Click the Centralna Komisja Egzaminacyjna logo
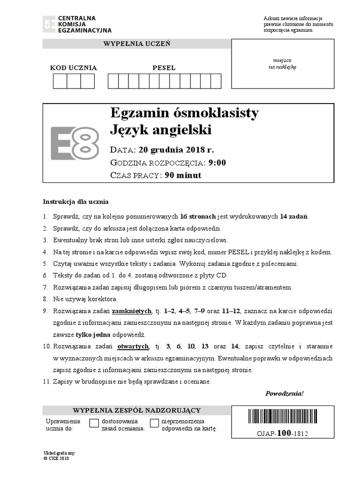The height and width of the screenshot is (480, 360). pos(77,24)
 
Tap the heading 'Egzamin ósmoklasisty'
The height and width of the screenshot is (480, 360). pos(184,113)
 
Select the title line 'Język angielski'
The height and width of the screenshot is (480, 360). pos(161,129)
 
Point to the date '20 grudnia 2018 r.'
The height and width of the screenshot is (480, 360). pos(176,150)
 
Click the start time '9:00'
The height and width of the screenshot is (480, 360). pos(217,163)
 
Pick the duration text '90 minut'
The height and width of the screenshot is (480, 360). pos(183,175)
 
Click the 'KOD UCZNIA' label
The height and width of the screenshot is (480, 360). pos(74,68)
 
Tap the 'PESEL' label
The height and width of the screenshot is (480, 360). pos(164,68)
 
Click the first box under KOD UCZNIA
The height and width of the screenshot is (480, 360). pos(60,81)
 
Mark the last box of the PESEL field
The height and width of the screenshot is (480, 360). pos(216,81)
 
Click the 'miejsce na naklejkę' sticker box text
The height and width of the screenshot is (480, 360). pos(282,63)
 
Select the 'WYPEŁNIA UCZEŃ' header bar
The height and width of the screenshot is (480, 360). pos(136,44)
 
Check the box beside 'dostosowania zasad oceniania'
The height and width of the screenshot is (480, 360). pos(94,424)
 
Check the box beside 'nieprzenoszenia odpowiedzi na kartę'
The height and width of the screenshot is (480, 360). pos(154,424)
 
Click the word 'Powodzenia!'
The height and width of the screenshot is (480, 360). pos(285,393)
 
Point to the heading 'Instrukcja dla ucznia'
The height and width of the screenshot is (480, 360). pos(76,202)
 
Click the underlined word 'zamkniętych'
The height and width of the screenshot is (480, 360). pos(135,311)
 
